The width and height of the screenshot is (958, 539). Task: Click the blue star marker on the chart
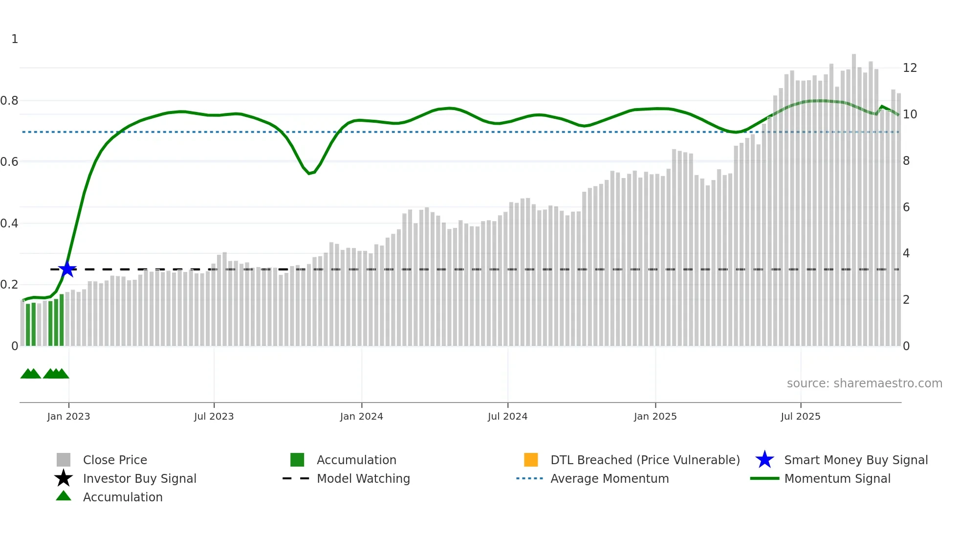click(67, 269)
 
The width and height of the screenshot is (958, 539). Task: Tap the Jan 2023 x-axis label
click(68, 416)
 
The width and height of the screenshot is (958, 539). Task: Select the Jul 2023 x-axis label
click(214, 416)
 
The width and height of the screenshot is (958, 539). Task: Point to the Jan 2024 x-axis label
click(361, 416)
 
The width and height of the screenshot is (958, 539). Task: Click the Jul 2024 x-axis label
click(507, 416)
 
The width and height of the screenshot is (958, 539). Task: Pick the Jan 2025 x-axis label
click(655, 416)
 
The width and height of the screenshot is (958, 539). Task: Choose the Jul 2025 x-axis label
click(800, 416)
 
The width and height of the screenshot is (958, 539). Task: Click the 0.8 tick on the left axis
click(9, 101)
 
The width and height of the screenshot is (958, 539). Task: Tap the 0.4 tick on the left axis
click(9, 224)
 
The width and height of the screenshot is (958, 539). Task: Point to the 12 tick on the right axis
click(910, 68)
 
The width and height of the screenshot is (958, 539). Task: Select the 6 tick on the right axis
click(906, 207)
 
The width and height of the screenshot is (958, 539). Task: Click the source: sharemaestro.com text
click(864, 383)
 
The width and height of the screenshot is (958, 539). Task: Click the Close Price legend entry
click(115, 460)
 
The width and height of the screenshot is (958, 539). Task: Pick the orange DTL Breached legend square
click(531, 460)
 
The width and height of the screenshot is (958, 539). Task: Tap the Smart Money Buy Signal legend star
click(764, 460)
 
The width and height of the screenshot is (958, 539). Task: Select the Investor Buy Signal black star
click(64, 478)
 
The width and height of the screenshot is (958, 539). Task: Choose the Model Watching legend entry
click(363, 478)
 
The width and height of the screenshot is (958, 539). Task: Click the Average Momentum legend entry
click(610, 478)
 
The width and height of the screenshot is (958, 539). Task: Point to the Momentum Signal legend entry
click(837, 478)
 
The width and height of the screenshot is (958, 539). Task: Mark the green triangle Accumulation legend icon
click(64, 496)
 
